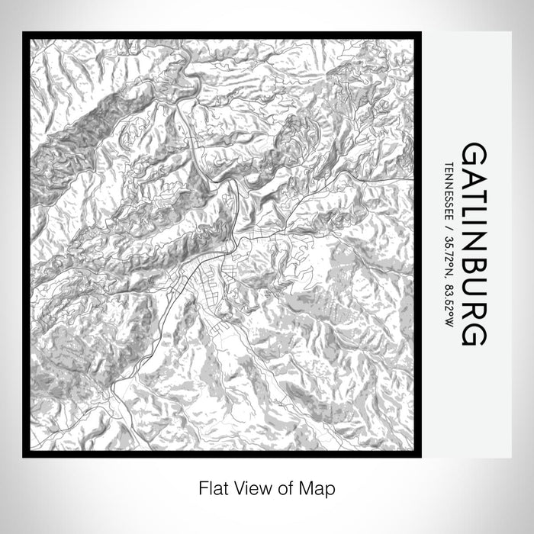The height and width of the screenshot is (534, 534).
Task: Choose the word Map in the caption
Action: tap(307, 487)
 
